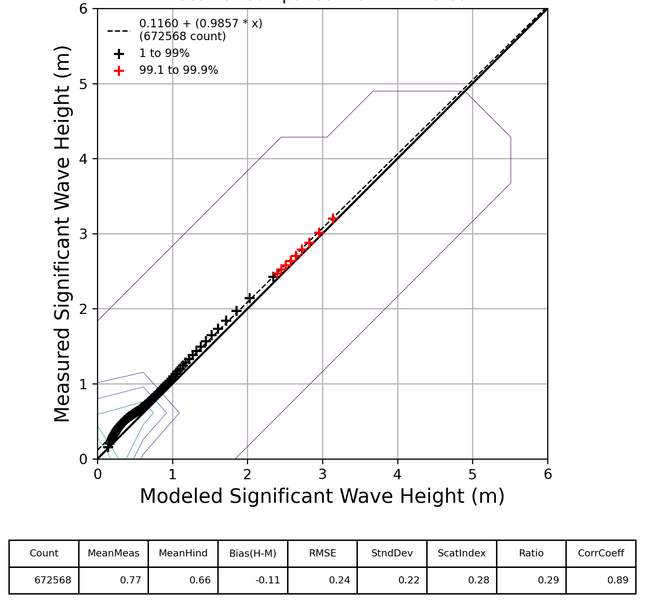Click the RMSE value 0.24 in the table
[339, 580]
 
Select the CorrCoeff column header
[601, 553]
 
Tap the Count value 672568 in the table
[53, 580]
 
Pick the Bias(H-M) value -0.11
[268, 580]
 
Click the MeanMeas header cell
[114, 553]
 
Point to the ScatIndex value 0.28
[479, 580]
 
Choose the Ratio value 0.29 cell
[548, 580]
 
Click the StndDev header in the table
[392, 553]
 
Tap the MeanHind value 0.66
[200, 580]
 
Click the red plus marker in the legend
[119, 71]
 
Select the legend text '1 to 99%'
[164, 53]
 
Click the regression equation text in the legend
[201, 24]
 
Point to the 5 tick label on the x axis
[472, 475]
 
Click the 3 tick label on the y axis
[83, 234]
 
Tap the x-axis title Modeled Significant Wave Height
[322, 496]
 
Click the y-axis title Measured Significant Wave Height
[62, 234]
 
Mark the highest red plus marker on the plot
[333, 219]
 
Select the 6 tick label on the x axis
[548, 475]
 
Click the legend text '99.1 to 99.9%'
[179, 70]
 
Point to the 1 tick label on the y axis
[83, 384]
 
